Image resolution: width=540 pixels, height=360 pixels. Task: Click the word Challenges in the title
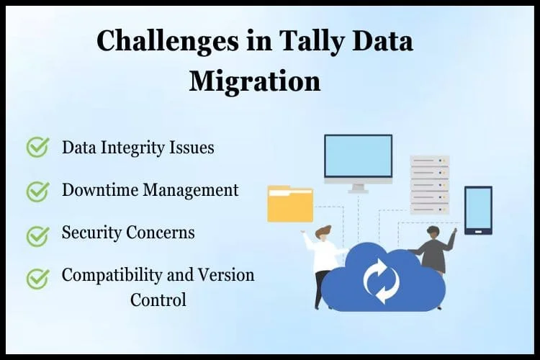click(x=167, y=41)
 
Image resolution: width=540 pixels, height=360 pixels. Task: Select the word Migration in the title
click(x=255, y=81)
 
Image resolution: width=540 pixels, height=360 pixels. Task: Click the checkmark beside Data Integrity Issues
click(x=38, y=147)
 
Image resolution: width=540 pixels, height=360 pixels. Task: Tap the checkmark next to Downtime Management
click(x=38, y=192)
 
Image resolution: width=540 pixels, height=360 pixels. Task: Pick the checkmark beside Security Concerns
click(x=38, y=236)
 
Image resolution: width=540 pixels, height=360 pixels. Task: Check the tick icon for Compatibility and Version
click(x=38, y=279)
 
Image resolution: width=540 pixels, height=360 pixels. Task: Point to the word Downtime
click(x=100, y=190)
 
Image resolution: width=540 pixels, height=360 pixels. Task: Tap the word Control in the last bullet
click(x=158, y=300)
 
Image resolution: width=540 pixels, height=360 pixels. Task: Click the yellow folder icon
click(x=290, y=204)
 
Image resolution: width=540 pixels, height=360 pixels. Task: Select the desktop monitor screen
click(x=358, y=156)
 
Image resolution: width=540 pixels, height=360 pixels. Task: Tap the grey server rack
click(x=429, y=185)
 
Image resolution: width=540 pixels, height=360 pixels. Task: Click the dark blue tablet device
click(x=478, y=210)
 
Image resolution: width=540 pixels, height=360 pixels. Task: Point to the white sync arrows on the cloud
click(x=382, y=281)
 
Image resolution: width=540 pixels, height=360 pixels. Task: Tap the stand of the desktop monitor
click(x=358, y=188)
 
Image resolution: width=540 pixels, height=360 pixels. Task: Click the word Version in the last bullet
click(x=226, y=275)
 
